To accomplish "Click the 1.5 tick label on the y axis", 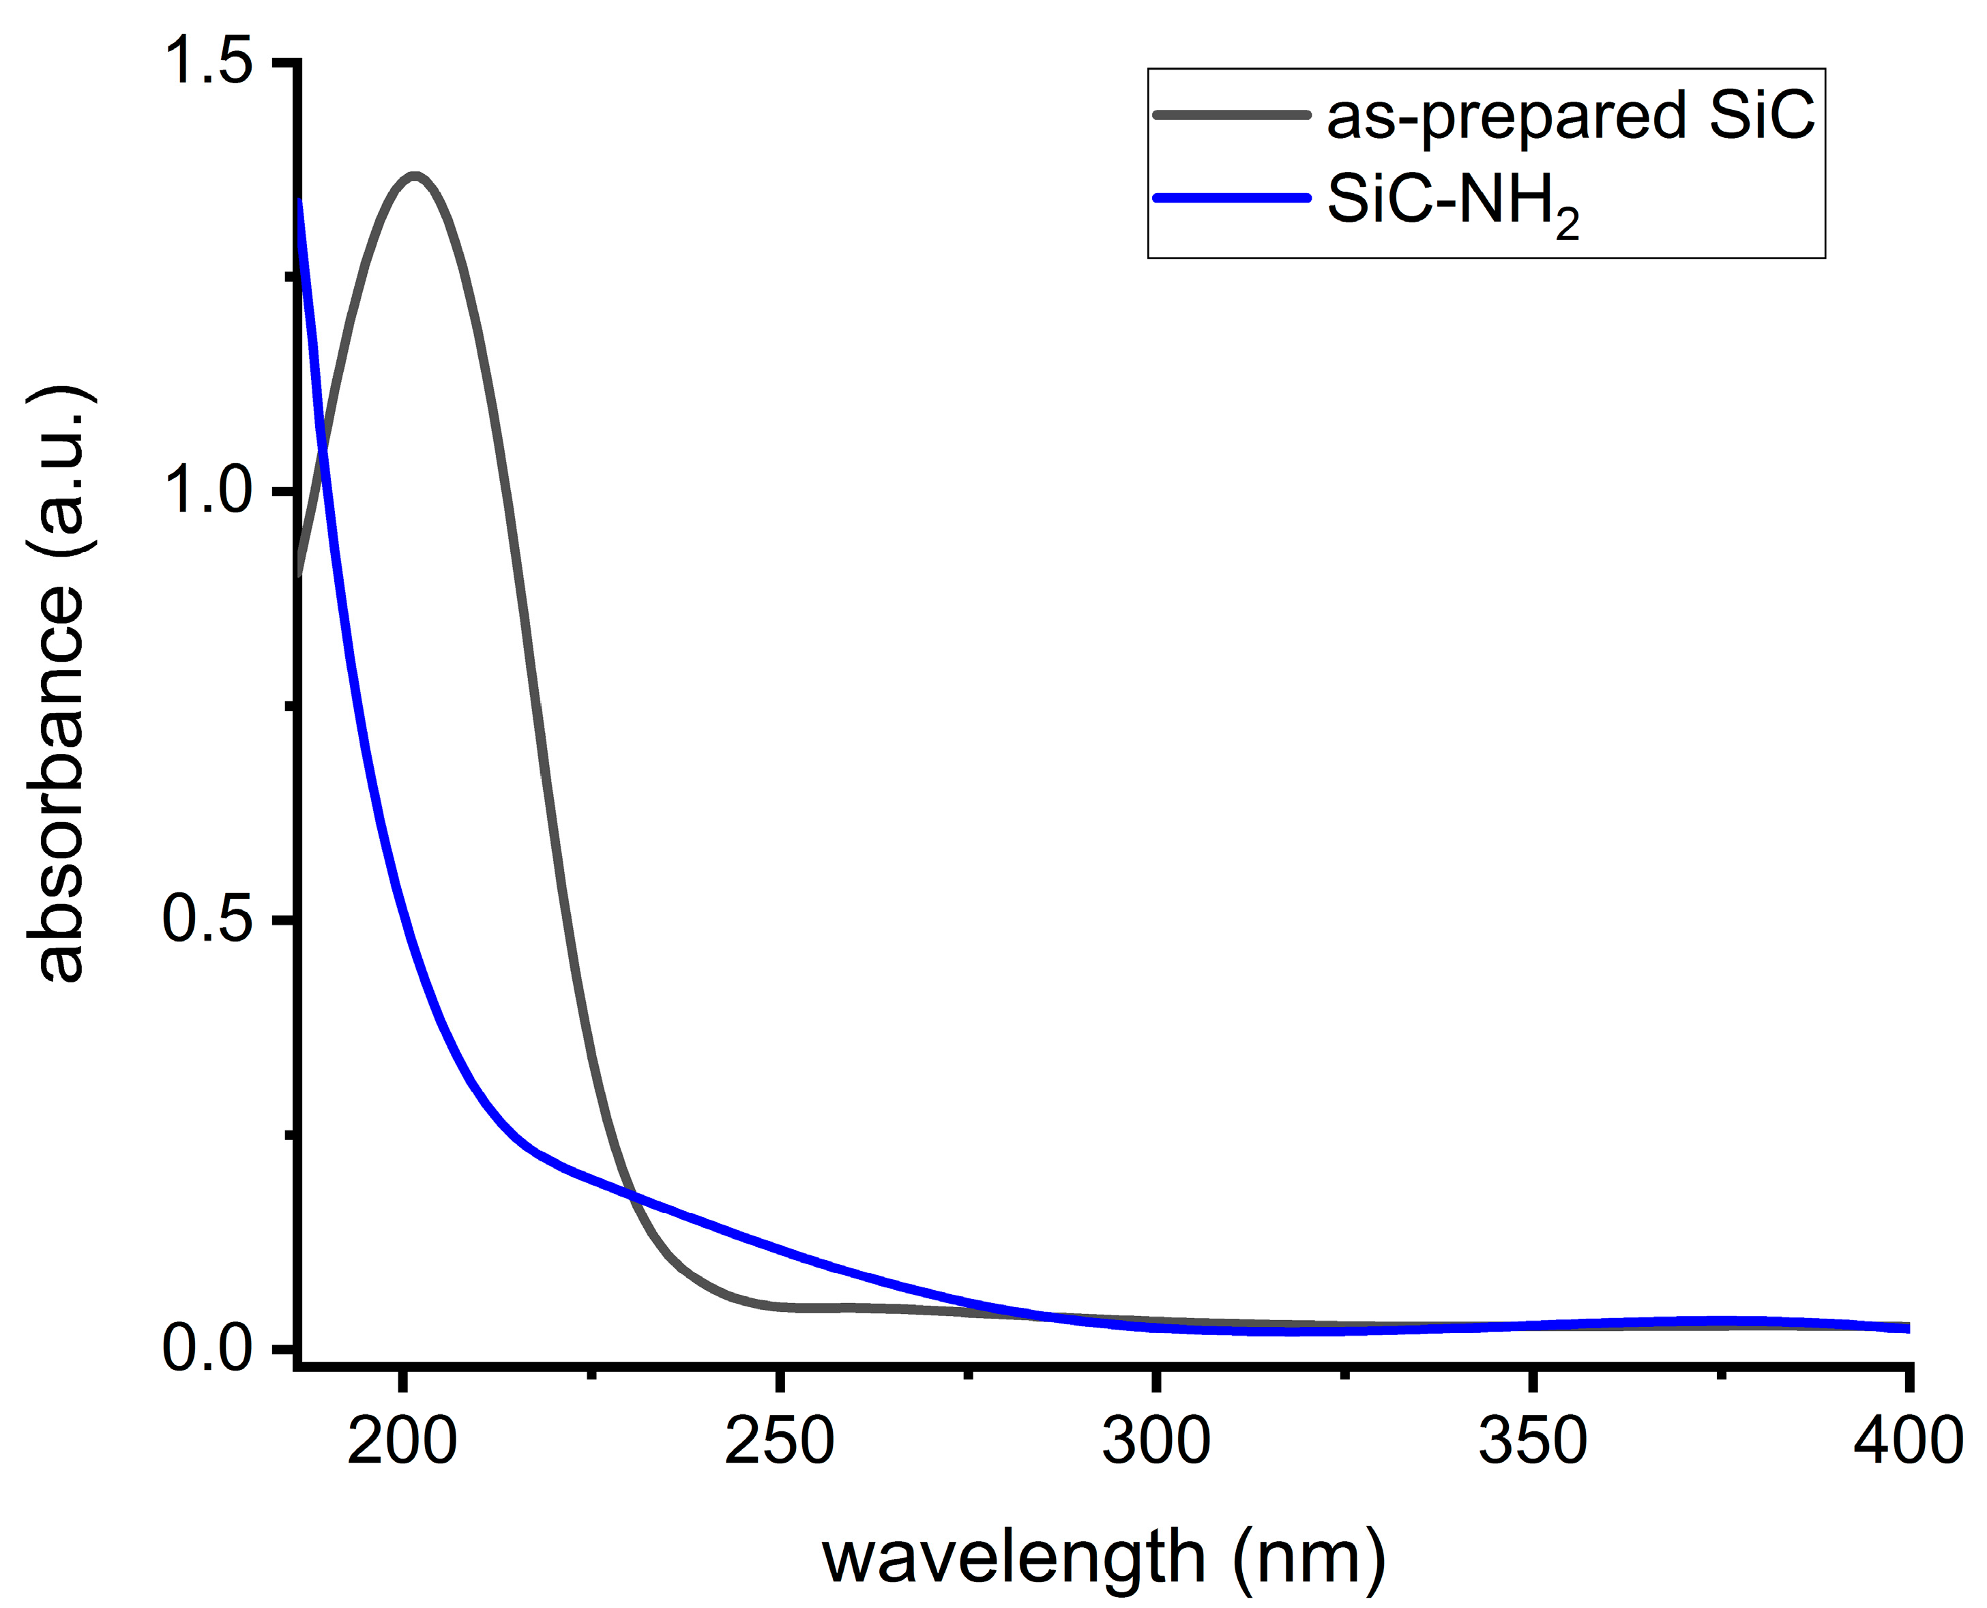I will tap(207, 62).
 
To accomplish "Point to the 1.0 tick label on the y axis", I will tap(207, 491).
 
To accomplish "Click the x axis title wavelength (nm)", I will tap(1104, 1558).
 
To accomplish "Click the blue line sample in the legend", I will tap(1231, 197).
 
